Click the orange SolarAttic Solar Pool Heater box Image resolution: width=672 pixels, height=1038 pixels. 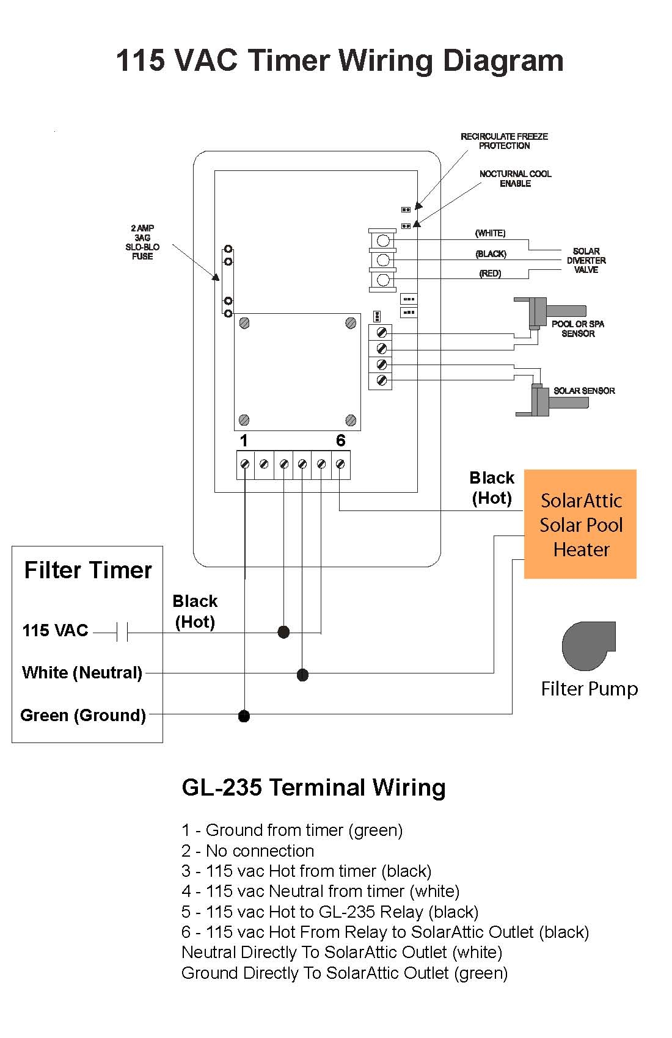tap(580, 524)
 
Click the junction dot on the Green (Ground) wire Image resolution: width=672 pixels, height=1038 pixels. tap(244, 716)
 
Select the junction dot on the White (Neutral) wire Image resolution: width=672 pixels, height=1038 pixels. tap(302, 675)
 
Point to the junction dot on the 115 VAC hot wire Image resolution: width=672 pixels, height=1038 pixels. tap(283, 632)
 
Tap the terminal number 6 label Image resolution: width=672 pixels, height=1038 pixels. tap(340, 440)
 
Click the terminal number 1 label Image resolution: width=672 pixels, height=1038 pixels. tap(244, 440)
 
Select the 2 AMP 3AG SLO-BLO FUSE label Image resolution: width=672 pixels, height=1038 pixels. tap(142, 242)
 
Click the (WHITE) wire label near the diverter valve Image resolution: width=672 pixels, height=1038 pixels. tap(490, 233)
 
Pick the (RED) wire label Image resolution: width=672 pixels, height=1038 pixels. tap(490, 274)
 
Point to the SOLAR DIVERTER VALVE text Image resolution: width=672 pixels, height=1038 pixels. tap(586, 260)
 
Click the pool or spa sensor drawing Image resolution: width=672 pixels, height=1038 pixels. tap(541, 313)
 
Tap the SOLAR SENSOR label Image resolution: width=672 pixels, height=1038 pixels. tap(584, 391)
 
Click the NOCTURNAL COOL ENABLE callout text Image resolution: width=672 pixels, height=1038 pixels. tap(515, 178)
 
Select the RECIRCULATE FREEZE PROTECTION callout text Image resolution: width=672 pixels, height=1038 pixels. tap(504, 141)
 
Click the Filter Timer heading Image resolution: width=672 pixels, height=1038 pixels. tap(88, 570)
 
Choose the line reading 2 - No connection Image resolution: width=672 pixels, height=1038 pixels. tap(247, 851)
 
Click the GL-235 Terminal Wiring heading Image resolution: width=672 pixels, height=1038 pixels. tap(313, 787)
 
